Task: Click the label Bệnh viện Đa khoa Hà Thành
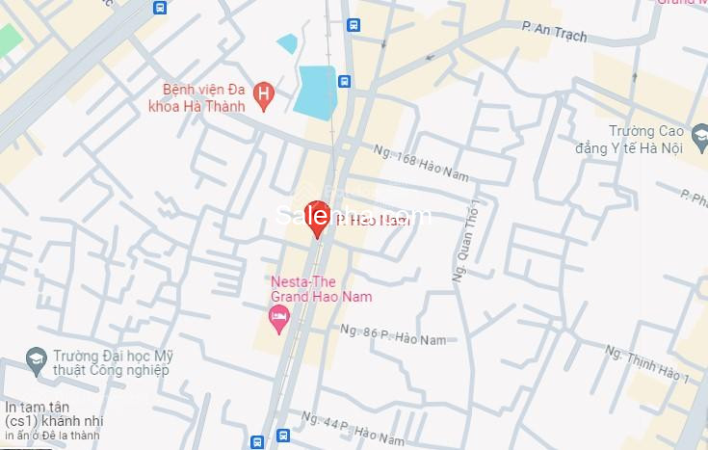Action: [204, 96]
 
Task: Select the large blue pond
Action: [315, 92]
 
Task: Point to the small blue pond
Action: [287, 43]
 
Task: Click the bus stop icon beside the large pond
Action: [344, 82]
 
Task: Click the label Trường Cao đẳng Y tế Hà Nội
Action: [645, 140]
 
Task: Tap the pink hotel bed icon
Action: [279, 319]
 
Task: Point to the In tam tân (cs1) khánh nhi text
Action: [53, 413]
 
